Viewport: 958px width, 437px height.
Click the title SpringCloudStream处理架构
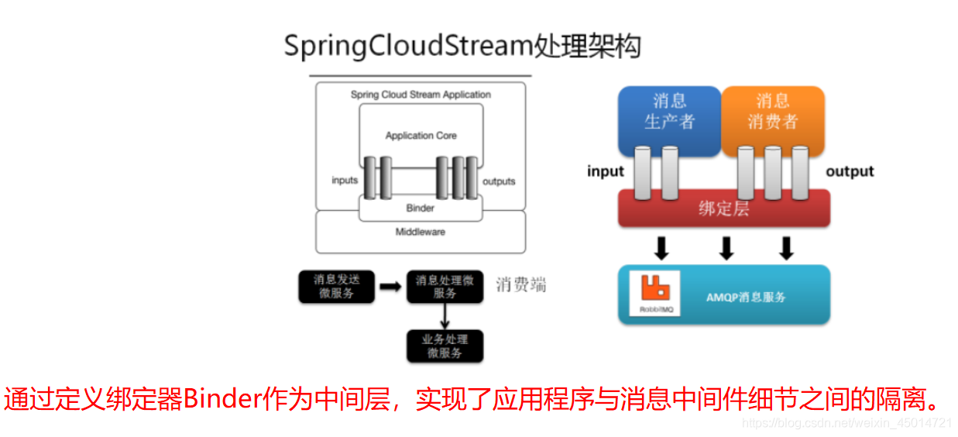pyautogui.click(x=462, y=46)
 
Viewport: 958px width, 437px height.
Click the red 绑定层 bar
pyautogui.click(x=723, y=208)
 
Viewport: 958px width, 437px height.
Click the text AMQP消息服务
pyautogui.click(x=746, y=297)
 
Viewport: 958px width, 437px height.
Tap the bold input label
pyautogui.click(x=605, y=171)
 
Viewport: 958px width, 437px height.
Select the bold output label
pyautogui.click(x=850, y=171)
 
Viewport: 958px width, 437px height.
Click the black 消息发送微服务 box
pyautogui.click(x=335, y=287)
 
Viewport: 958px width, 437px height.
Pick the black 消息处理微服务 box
pyautogui.click(x=445, y=287)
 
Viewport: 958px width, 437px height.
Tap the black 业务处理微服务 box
pyautogui.click(x=445, y=346)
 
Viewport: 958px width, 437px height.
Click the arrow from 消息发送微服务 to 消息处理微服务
pyautogui.click(x=390, y=287)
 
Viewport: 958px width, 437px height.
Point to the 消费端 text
pyautogui.click(x=521, y=284)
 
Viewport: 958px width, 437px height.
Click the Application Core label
pyautogui.click(x=421, y=136)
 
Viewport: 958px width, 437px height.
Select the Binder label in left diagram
pyautogui.click(x=421, y=208)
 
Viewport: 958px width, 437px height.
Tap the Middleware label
pyautogui.click(x=421, y=232)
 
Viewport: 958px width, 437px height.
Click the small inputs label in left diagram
pyautogui.click(x=345, y=181)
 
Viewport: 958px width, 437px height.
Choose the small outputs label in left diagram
pyautogui.click(x=499, y=181)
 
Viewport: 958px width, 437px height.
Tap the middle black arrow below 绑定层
pyautogui.click(x=726, y=248)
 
